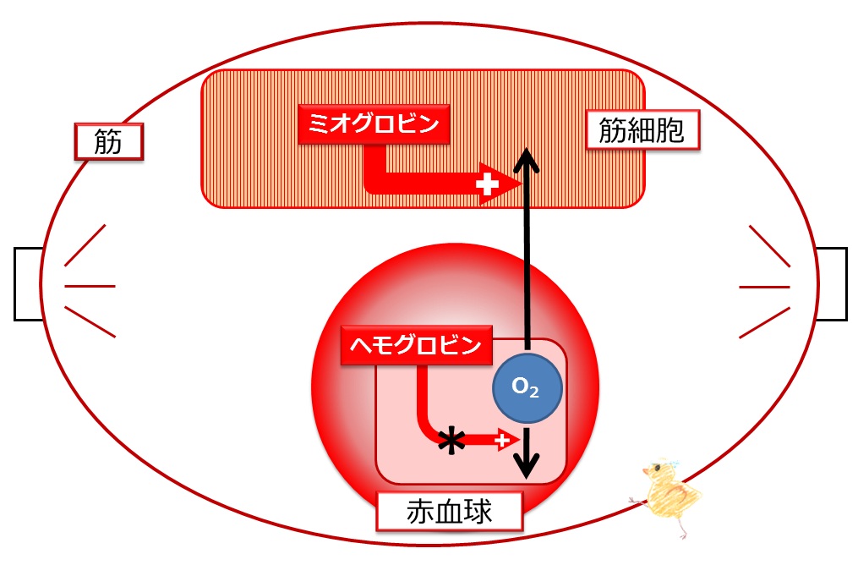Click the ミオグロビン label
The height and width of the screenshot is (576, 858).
coord(374,124)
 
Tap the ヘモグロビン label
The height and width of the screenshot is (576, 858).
coord(417,345)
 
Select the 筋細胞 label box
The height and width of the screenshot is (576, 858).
coord(643,129)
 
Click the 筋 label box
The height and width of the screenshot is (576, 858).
coord(108,142)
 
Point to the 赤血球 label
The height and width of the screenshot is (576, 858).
coord(449,511)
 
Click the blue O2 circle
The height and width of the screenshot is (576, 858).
coord(527,387)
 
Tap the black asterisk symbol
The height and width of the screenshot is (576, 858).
coord(452,440)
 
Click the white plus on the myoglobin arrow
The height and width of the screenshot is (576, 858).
coord(487,184)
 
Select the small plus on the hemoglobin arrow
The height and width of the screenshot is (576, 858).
coord(502,440)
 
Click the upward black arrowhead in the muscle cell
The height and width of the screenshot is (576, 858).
coord(527,159)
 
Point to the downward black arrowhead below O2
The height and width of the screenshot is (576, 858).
coord(527,465)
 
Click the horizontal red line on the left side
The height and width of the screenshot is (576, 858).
coord(90,286)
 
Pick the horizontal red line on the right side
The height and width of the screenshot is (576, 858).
coord(764,287)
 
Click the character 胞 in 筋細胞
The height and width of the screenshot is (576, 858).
coord(669,130)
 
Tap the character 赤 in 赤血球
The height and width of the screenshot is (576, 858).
coord(420,512)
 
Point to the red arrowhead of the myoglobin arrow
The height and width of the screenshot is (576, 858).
coord(500,184)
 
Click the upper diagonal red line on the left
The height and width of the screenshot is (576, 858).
coord(85,245)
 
